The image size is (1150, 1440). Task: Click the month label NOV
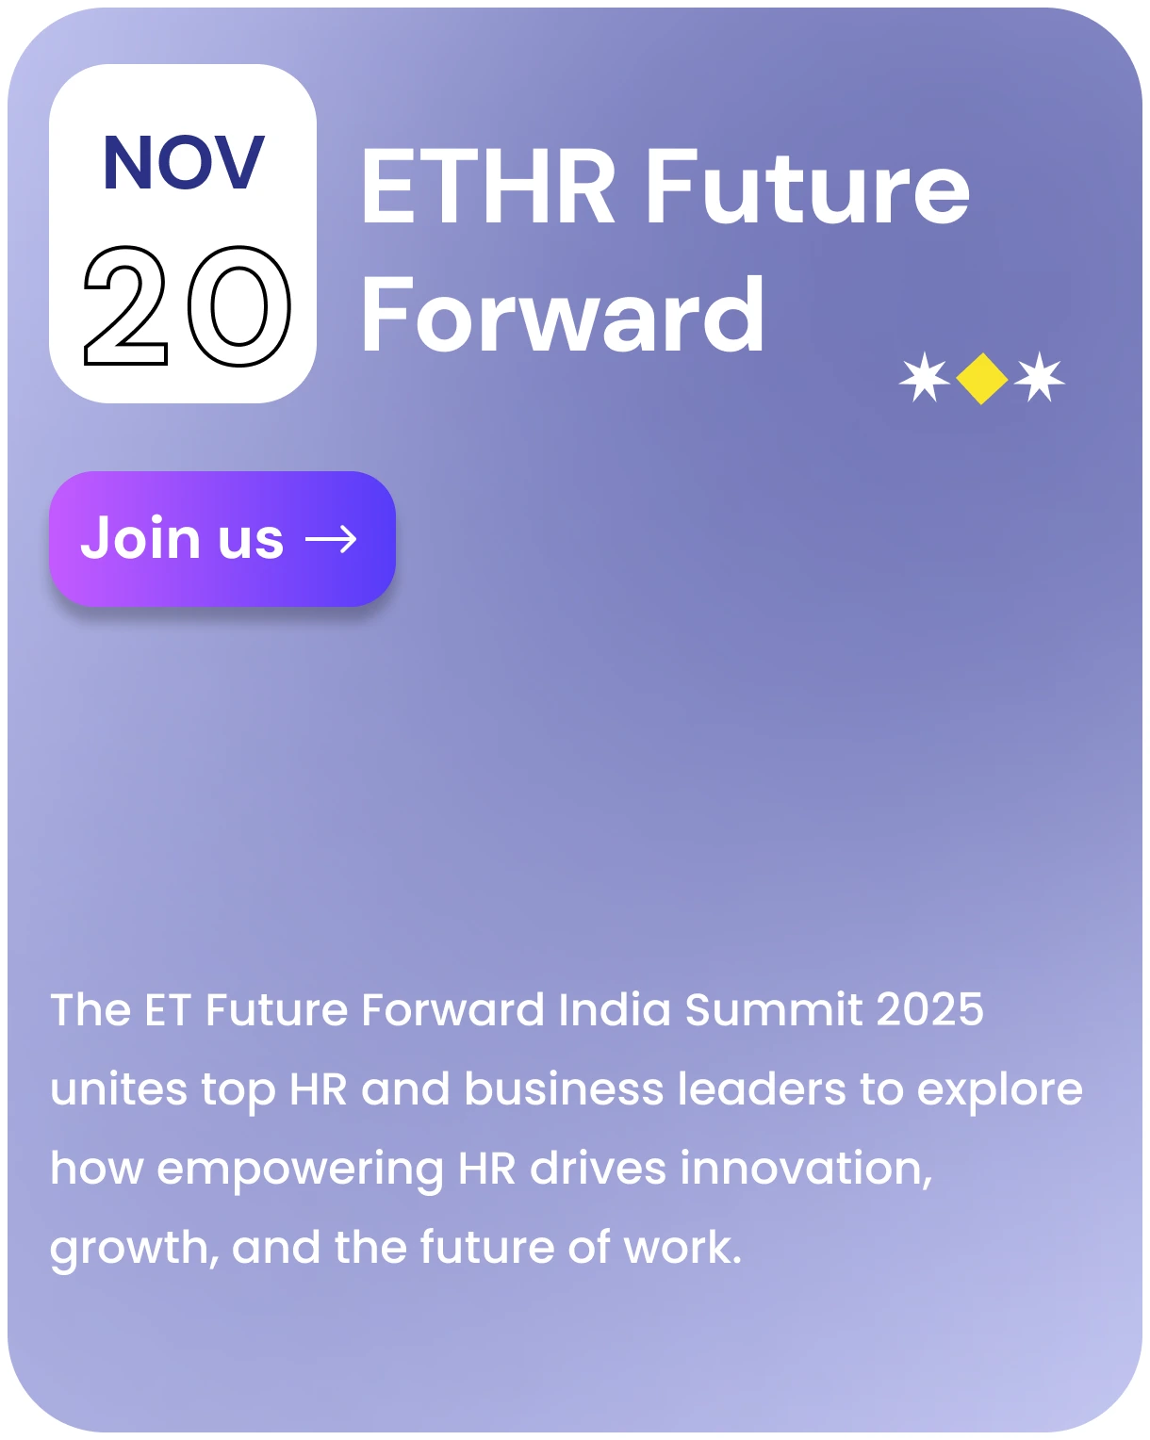coord(184,162)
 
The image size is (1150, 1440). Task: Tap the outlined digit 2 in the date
coord(125,305)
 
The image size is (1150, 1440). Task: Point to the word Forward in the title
coord(563,314)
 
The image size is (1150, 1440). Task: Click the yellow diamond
coord(981,379)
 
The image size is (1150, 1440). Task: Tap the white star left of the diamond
coord(925,377)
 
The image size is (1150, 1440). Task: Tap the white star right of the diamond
coord(1039,377)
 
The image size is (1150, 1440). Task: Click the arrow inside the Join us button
coord(331,539)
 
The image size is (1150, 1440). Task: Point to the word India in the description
coord(615,1009)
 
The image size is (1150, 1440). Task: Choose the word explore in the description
coord(999,1089)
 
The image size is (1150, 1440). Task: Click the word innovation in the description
coord(806,1169)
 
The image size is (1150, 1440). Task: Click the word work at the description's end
coord(682,1248)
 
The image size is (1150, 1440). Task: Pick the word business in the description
coord(564,1089)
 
